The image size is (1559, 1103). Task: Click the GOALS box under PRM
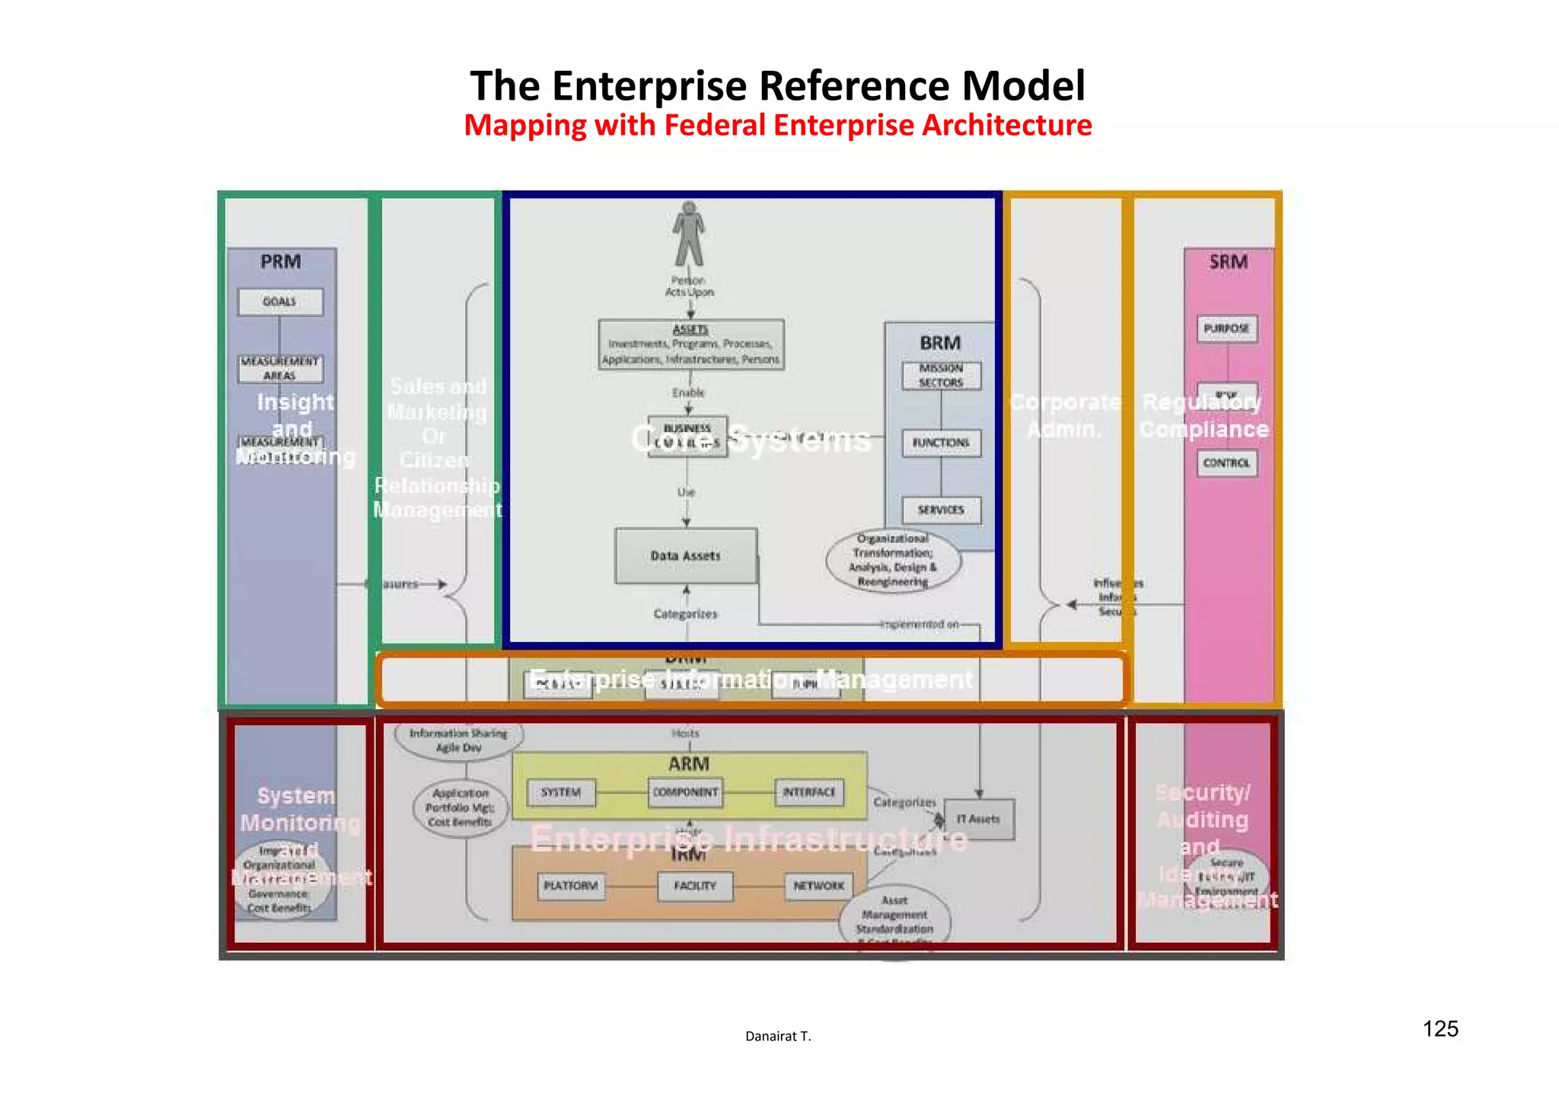pos(280,302)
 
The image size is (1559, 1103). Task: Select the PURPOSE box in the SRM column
pos(1226,329)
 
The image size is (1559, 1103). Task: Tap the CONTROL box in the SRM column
pos(1226,463)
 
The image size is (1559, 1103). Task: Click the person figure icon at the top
pos(689,233)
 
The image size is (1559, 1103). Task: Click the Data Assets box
pos(686,556)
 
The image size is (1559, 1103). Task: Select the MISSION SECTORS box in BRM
pos(941,376)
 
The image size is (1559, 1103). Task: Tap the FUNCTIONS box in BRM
pos(941,443)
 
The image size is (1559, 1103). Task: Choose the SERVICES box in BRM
pos(941,510)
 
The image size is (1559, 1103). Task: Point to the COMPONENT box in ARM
pos(686,792)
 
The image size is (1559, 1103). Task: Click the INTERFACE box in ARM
pos(809,792)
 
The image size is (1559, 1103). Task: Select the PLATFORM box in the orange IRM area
pos(571,886)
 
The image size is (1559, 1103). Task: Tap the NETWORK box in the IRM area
pos(819,886)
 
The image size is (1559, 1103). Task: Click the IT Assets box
pos(979,819)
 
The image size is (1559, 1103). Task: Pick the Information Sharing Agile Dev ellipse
pos(459,740)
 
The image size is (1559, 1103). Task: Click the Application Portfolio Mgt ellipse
pos(460,808)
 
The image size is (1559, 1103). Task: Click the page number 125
pos(1440,1029)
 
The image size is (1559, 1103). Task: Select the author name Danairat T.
pos(778,1036)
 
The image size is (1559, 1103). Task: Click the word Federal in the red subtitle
pos(715,126)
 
